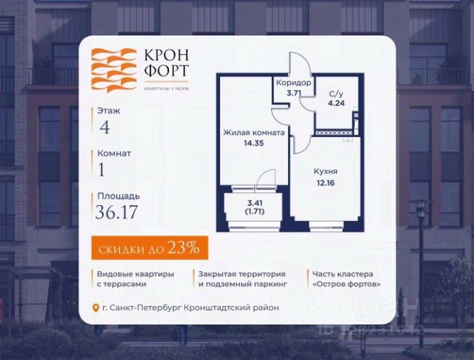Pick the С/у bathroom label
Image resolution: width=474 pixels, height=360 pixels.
point(335,94)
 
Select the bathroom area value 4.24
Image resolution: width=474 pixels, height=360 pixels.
point(335,104)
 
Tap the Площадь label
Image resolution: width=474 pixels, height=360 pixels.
point(116,196)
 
